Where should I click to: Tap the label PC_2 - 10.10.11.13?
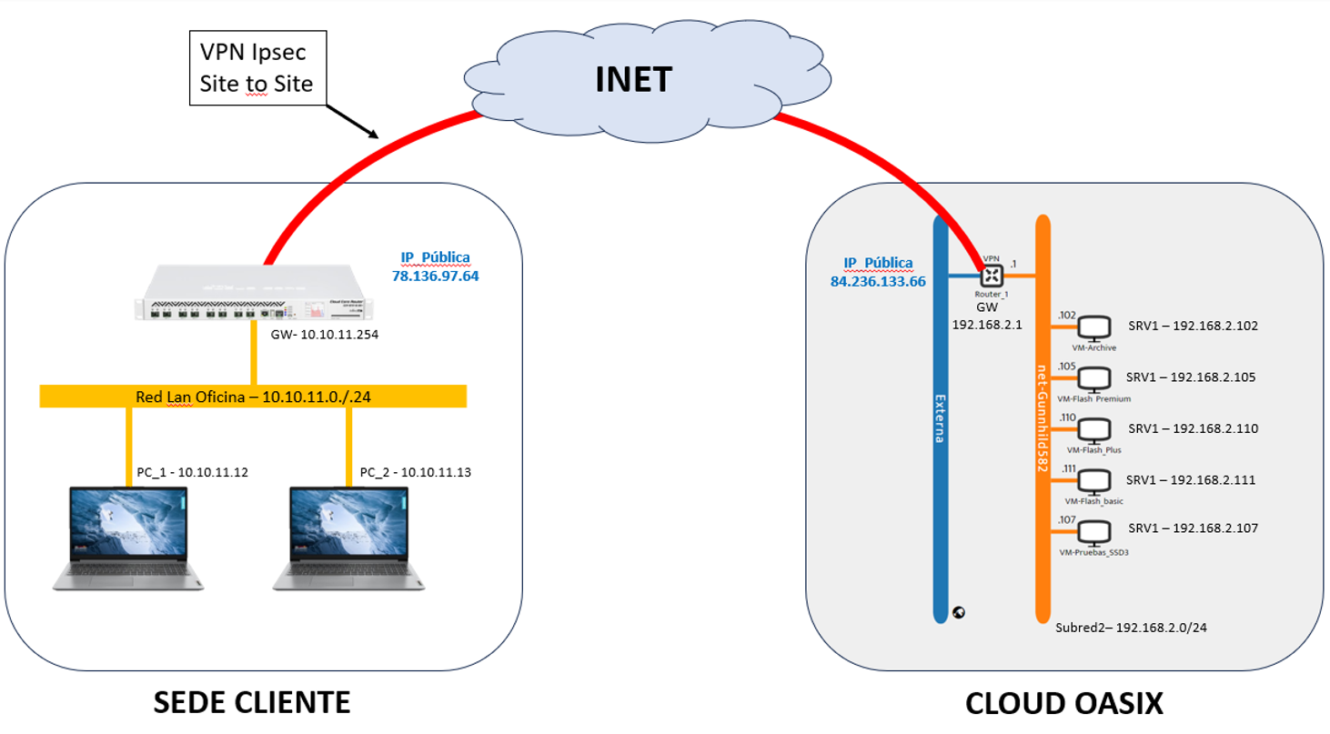416,472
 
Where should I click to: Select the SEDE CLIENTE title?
251,702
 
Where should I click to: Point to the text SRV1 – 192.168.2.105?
1192,377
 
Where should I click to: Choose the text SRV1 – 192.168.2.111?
1192,479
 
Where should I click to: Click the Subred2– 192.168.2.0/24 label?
1131,628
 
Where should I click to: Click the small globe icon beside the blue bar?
958,612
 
